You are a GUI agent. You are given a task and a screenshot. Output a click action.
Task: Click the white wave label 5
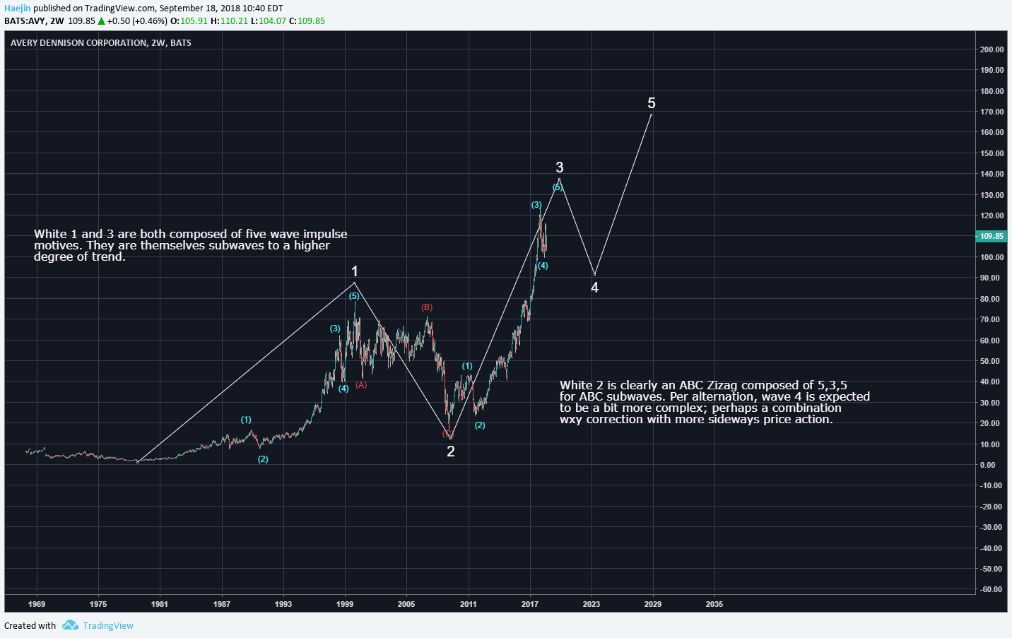pos(652,103)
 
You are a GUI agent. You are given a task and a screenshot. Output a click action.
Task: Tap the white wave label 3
pos(560,167)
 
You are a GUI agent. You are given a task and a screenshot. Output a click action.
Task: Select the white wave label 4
pos(594,288)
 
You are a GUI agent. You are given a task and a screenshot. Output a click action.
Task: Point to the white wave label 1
pos(355,271)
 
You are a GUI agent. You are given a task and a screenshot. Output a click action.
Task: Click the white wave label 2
pos(451,451)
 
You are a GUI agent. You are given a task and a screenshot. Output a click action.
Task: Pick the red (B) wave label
pos(427,307)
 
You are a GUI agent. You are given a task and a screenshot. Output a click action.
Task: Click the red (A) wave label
pos(361,385)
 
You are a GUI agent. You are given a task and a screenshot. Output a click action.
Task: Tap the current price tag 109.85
pos(992,236)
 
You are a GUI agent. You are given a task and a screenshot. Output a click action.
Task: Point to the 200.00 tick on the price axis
pos(992,49)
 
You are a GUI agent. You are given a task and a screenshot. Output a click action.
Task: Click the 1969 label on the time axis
pos(37,604)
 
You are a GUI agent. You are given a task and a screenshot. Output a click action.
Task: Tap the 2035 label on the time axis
pos(714,604)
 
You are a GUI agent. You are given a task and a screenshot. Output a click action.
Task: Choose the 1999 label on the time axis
pos(345,604)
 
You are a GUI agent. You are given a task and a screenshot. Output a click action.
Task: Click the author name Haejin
pos(17,8)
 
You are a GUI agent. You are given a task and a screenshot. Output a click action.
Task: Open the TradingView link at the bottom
pos(108,625)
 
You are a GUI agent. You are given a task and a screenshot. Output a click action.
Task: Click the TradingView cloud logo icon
pos(70,625)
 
